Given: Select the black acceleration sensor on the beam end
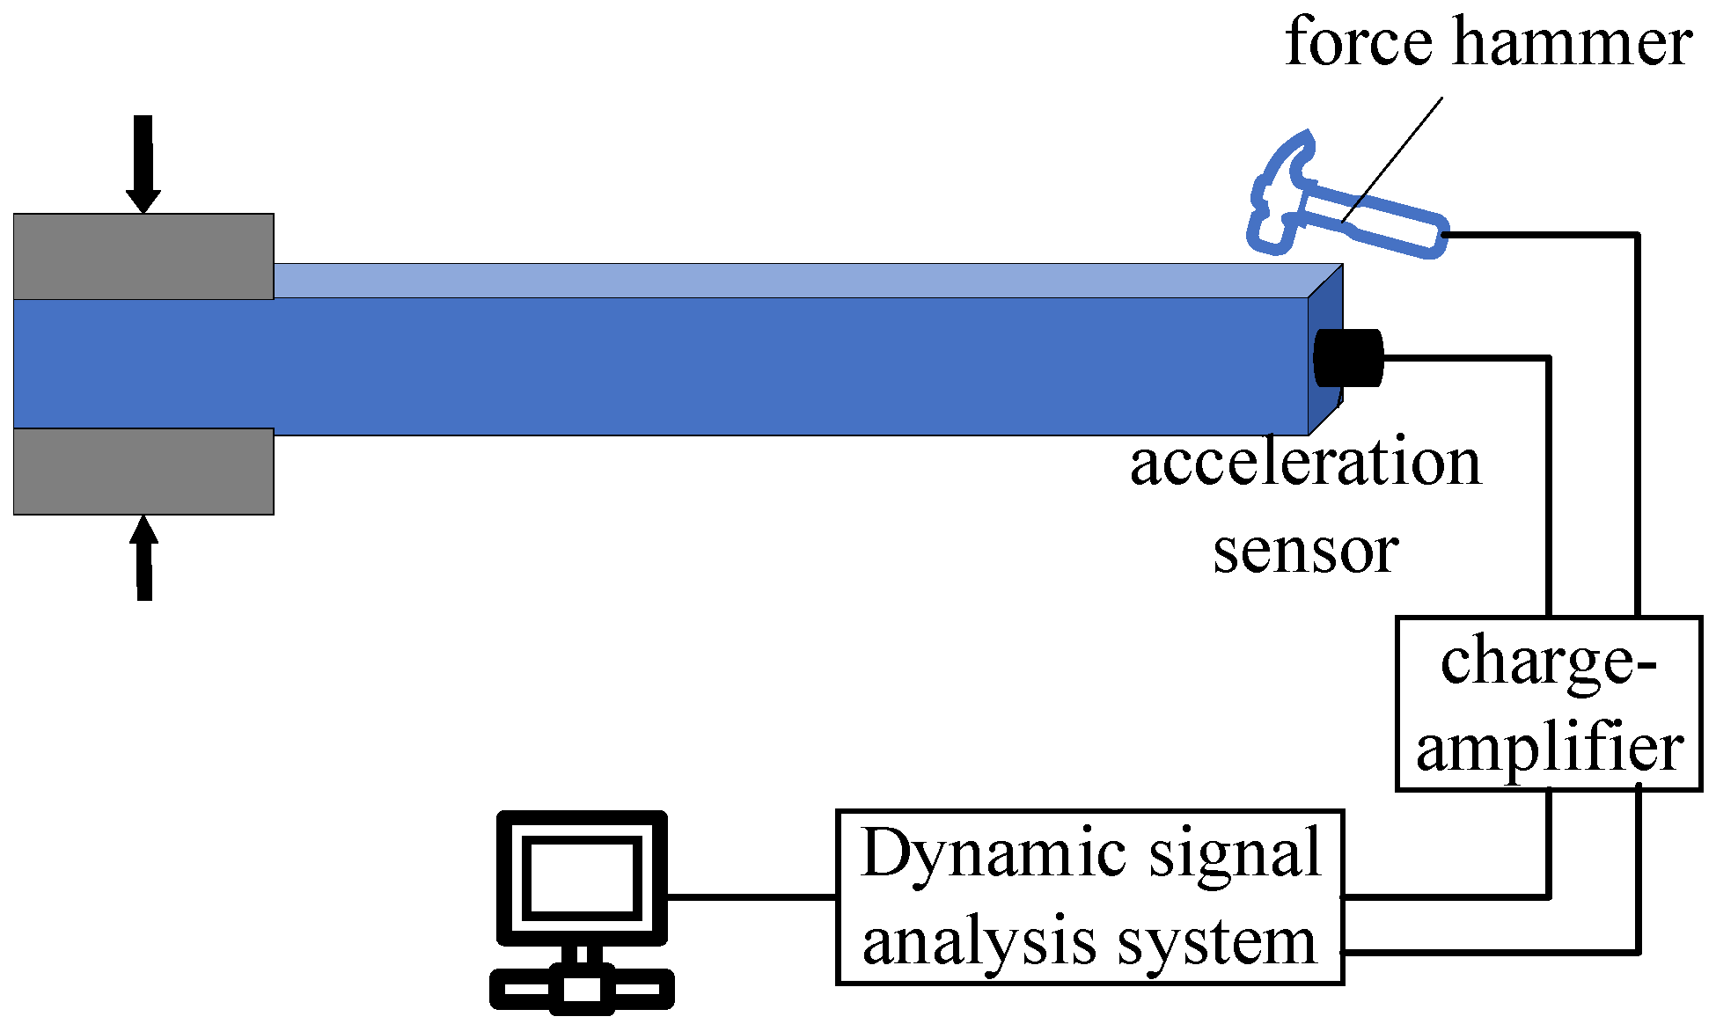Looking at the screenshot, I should point(1348,358).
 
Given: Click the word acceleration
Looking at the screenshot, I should point(1306,464).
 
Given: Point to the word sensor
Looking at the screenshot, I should point(1306,552).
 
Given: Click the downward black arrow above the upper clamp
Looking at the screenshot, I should point(143,163).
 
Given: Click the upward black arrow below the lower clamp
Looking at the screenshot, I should point(144,558).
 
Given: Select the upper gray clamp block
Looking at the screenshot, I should point(143,256).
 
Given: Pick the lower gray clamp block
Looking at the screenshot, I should point(143,472).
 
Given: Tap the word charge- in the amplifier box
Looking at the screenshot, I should point(1549,664).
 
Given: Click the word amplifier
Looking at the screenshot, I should point(1549,750).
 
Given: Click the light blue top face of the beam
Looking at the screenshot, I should point(792,281).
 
